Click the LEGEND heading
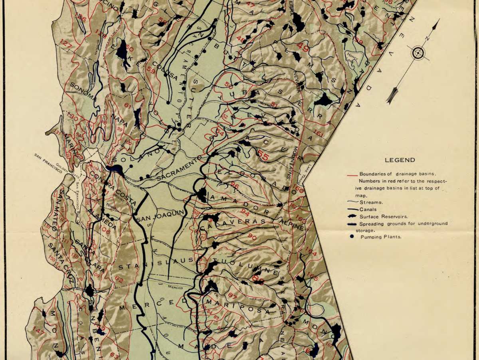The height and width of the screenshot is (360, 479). tap(400, 160)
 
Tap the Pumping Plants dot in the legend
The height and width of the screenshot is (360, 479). tap(352, 237)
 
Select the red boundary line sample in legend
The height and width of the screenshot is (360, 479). tap(351, 174)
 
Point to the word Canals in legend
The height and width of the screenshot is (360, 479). tap(368, 209)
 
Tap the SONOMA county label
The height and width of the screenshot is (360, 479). tap(83, 91)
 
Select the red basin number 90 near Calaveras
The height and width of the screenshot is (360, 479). tap(252, 237)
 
